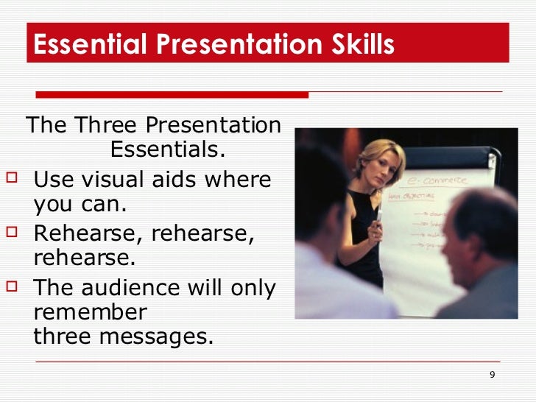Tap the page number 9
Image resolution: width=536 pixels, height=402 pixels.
(492, 375)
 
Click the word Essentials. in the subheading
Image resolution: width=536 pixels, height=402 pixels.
(167, 150)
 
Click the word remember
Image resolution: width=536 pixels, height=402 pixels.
(91, 312)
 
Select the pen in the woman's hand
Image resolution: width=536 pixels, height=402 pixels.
(378, 216)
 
